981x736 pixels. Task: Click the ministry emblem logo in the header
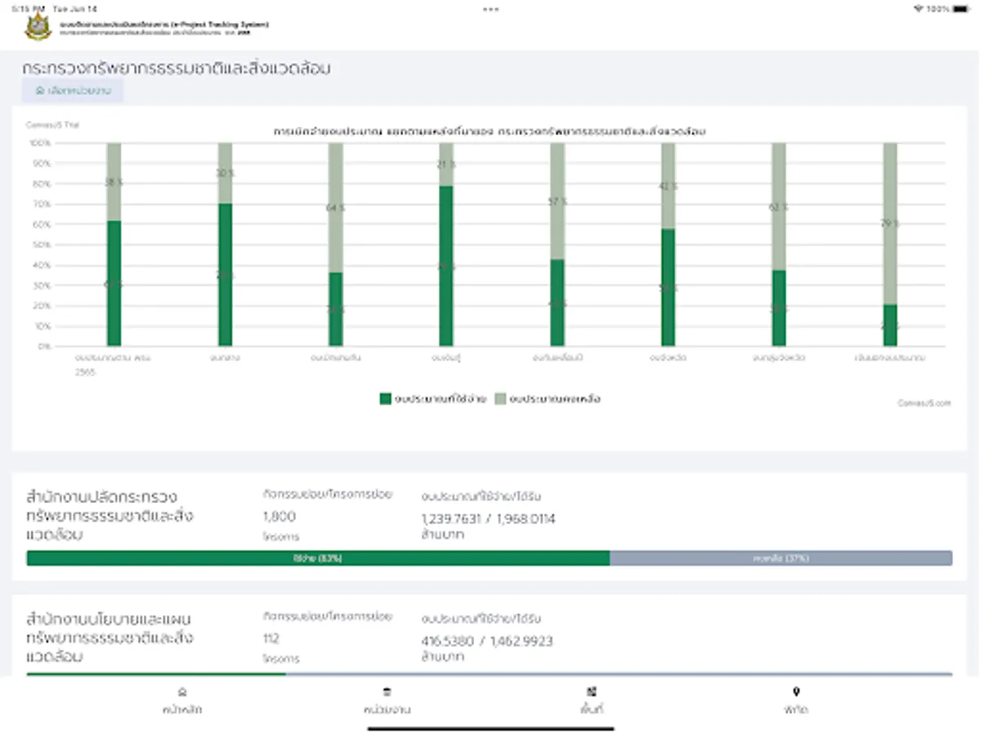coord(38,27)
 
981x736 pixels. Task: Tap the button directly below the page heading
coord(73,91)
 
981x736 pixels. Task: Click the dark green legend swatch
coord(385,399)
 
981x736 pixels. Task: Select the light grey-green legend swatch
coord(500,399)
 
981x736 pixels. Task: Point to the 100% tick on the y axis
coord(41,143)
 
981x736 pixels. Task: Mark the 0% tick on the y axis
coord(44,346)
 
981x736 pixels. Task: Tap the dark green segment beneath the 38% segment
coord(114,282)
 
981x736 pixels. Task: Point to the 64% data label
coord(335,208)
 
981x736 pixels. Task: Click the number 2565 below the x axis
coord(86,371)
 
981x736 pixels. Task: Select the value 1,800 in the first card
coord(280,517)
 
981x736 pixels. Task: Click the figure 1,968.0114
coord(523,519)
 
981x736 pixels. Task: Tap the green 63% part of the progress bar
coord(318,558)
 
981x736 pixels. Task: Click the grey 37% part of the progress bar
coord(781,558)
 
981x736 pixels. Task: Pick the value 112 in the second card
coord(271,639)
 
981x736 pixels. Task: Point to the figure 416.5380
coord(448,641)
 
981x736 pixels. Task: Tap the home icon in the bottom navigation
coord(182,692)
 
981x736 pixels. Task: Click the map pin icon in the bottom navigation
coord(795,692)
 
